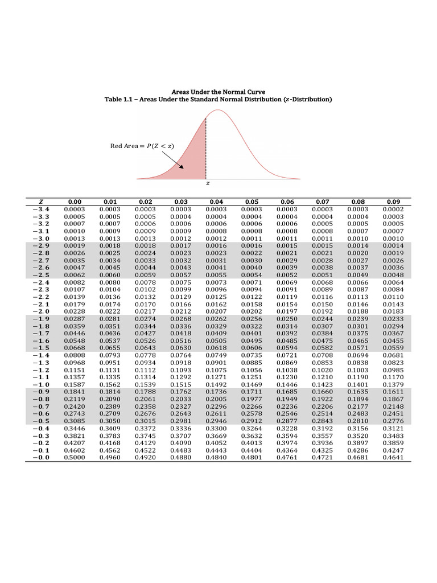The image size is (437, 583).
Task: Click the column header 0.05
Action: [252, 202]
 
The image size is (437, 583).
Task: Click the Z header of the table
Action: [42, 202]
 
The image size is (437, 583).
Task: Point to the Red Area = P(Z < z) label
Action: [142, 146]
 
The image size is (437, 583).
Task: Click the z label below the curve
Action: [207, 184]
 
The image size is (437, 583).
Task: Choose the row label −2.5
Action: [42, 274]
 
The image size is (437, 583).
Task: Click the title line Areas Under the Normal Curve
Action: [218, 92]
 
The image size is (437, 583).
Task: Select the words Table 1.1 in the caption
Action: [118, 100]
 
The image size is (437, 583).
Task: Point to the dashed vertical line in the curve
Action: [206, 148]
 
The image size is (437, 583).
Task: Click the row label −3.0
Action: [42, 238]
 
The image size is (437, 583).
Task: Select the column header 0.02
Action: [146, 202]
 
